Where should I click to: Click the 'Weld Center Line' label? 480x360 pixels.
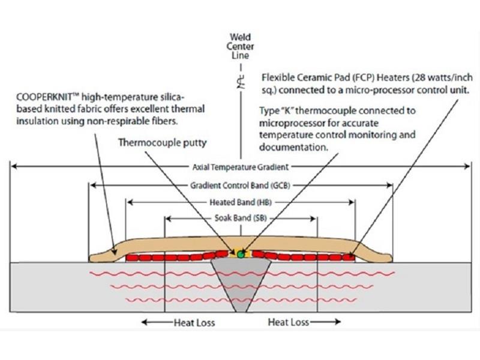coord(241,46)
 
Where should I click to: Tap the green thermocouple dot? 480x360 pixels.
coord(241,254)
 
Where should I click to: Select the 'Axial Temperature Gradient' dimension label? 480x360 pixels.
coord(240,167)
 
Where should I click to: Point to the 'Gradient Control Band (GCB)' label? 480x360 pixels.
coord(240,185)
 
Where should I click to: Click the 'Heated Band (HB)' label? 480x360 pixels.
coord(240,202)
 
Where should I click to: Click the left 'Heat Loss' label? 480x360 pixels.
coord(194,322)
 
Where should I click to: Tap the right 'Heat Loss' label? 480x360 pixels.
coord(288,322)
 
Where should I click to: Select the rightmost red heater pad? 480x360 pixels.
coord(348,257)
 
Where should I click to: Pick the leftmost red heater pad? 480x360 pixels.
coord(132,257)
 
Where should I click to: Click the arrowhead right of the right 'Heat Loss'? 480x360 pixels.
coord(337,322)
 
